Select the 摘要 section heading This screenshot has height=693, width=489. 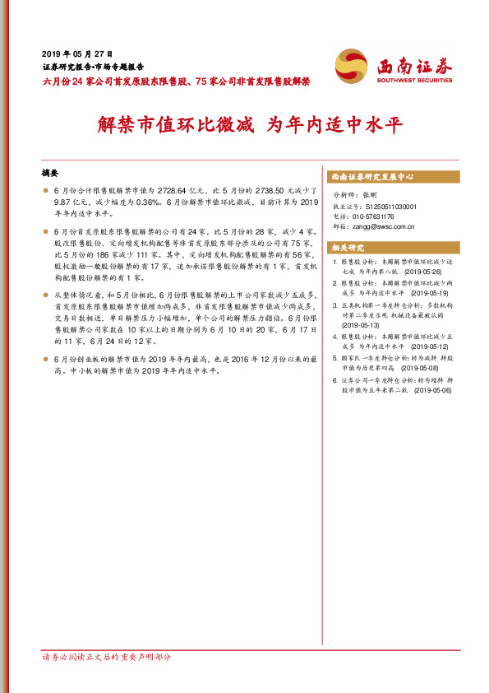[50, 174]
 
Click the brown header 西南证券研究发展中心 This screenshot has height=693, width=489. [371, 177]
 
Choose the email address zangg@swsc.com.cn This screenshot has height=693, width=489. [382, 226]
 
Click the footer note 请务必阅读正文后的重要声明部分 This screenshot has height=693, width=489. [107, 657]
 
